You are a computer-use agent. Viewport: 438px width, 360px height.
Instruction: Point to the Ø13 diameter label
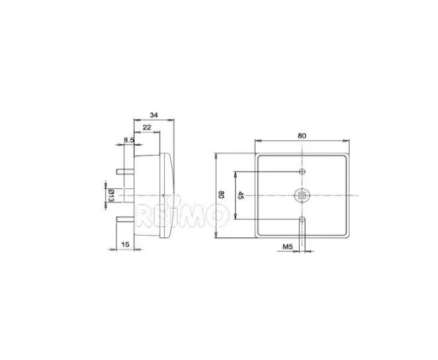(x=110, y=196)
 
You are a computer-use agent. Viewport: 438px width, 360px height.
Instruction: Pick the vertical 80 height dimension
(x=221, y=195)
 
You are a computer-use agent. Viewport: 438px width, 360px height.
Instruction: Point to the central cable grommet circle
(x=302, y=196)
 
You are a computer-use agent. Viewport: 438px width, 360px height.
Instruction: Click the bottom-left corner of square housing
(x=256, y=239)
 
